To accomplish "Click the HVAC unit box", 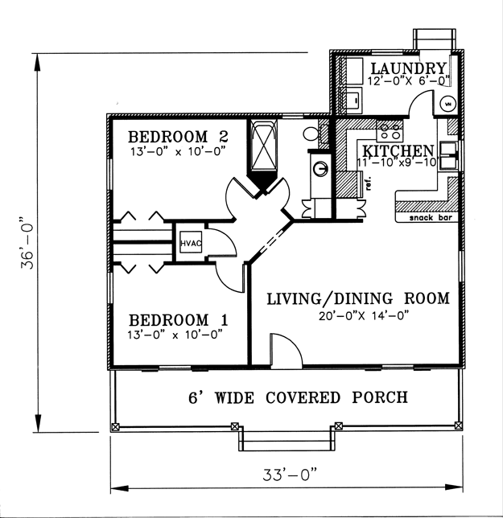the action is point(191,242).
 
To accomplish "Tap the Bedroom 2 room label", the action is point(178,137).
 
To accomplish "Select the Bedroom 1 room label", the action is point(179,320).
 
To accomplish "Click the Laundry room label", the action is point(409,68).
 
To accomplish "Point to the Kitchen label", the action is point(398,151).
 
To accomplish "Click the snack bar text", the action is point(431,218).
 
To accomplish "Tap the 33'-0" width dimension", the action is point(290,475).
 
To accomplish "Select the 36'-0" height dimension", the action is point(27,243).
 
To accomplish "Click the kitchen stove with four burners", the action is point(390,130).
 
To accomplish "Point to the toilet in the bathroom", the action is point(311,134).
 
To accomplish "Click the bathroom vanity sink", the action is point(320,168).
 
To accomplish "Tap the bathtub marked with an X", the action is point(263,146).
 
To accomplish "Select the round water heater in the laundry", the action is point(447,104).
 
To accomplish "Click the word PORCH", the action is point(379,397).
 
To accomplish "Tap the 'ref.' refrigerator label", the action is point(369,183).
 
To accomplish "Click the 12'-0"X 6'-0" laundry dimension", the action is point(409,80).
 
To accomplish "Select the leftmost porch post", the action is point(115,426).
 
